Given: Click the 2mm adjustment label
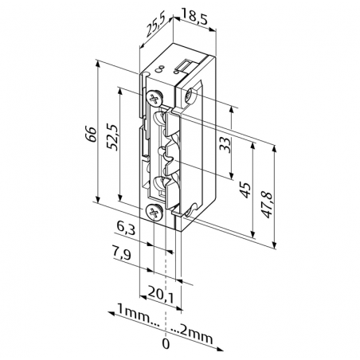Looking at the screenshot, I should click(x=196, y=334).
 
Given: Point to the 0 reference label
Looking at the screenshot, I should click(x=166, y=345).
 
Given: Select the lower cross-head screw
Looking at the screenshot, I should click(x=155, y=213).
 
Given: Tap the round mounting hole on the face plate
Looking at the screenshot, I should click(x=189, y=97).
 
